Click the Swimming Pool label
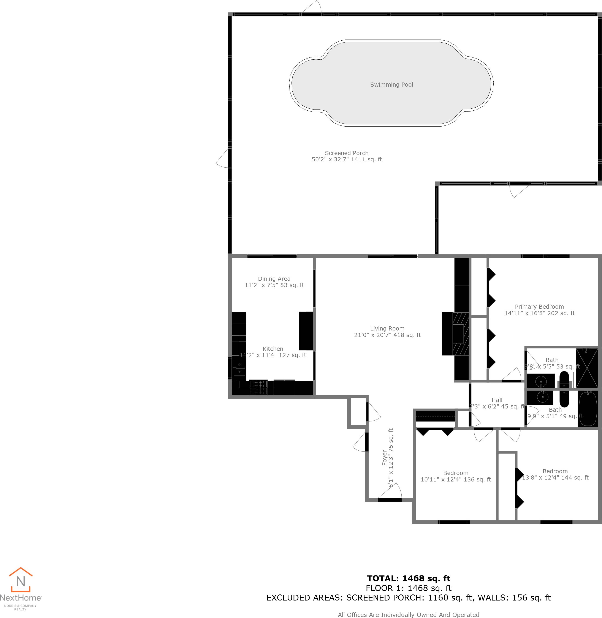coord(391,84)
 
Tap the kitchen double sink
coord(239,369)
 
